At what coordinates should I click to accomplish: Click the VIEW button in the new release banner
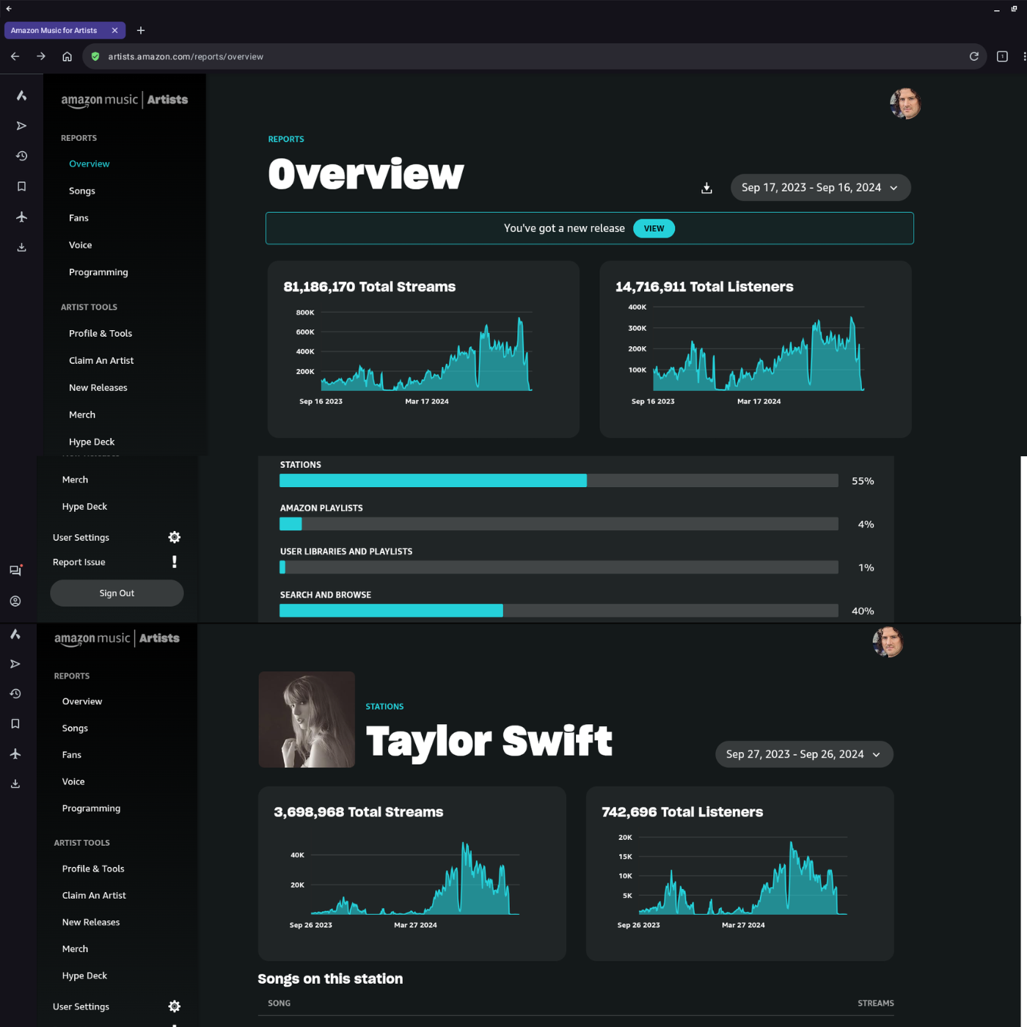654,228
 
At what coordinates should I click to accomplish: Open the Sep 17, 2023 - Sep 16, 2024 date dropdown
820,188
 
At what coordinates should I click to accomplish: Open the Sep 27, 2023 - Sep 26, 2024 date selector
804,754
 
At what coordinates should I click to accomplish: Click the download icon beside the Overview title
706,189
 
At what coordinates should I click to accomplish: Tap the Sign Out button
117,593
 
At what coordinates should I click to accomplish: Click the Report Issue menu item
79,562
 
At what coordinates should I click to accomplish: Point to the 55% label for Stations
863,481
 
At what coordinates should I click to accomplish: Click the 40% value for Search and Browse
863,611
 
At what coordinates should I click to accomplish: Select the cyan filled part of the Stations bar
433,480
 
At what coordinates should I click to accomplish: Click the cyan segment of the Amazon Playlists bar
290,524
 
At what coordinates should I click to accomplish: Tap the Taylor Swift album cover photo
307,719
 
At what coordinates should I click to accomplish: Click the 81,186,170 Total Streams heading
369,287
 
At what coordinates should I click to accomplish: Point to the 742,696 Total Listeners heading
681,812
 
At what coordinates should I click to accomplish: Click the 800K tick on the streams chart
305,313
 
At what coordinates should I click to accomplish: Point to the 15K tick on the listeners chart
625,857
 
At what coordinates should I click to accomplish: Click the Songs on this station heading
330,979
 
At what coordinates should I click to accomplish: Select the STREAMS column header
875,1003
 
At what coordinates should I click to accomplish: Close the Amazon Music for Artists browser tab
114,30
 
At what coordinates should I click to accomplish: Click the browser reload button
974,56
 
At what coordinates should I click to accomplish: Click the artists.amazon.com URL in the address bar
186,56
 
